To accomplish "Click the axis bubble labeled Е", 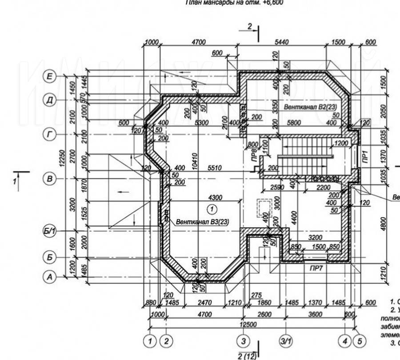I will tap(50, 77).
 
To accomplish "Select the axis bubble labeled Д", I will tap(50, 101).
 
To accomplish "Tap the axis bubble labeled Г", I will tap(50, 133).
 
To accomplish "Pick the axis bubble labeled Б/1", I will tap(51, 232).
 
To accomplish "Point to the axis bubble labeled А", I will tap(50, 277).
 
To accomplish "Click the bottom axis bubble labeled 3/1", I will tap(285, 342).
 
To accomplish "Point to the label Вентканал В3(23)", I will tap(202, 222).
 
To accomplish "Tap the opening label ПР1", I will tap(364, 156).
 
